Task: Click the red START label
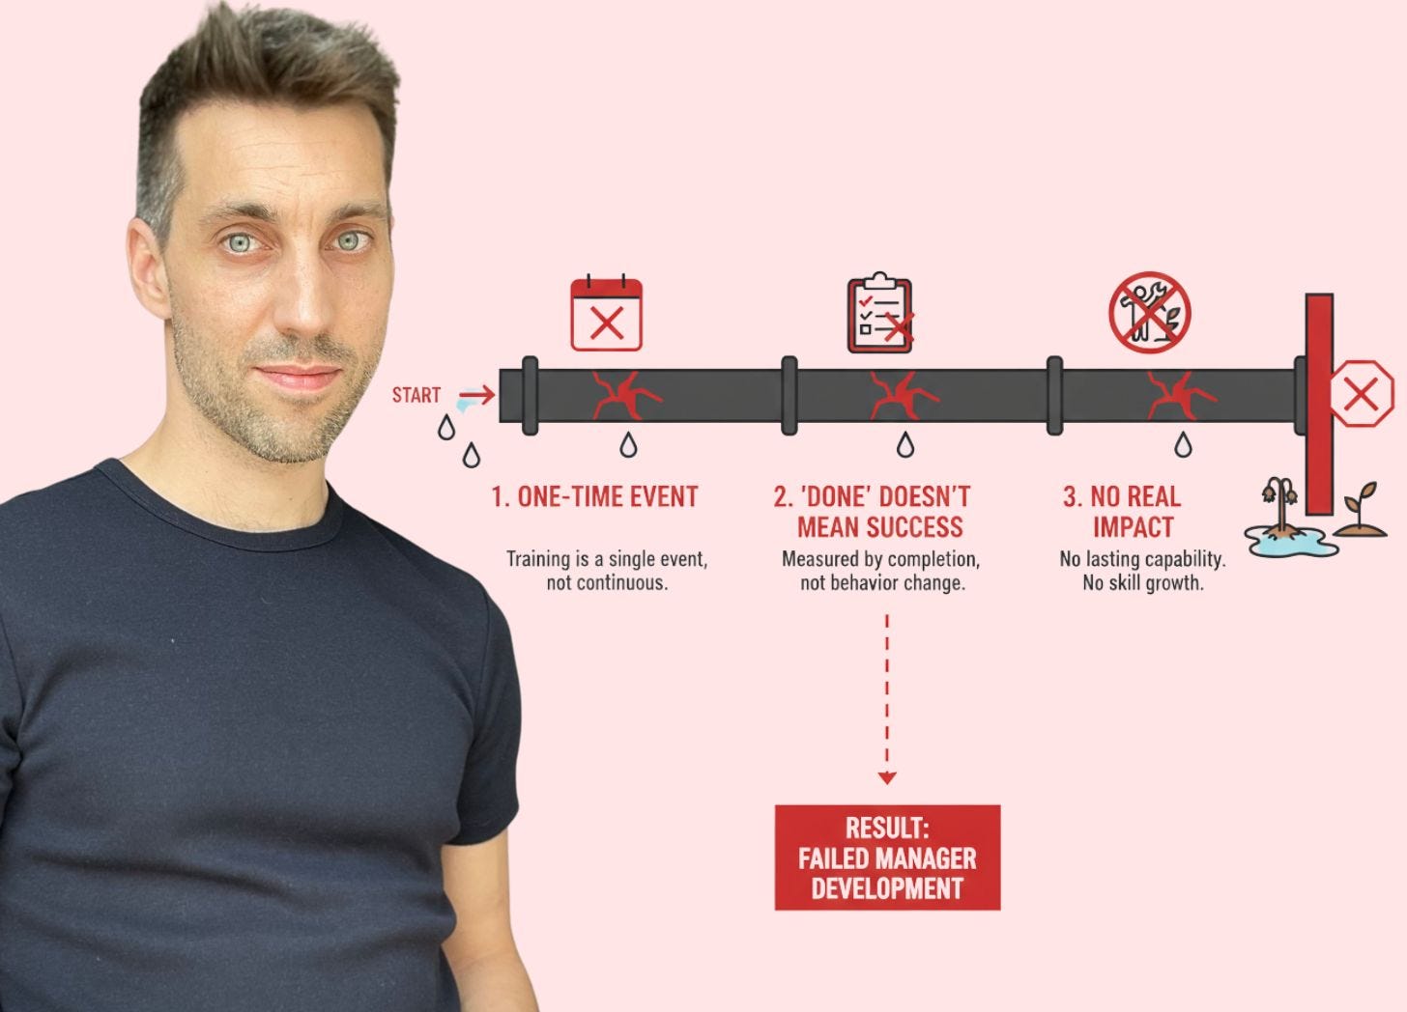(x=416, y=395)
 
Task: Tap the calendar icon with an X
(x=607, y=315)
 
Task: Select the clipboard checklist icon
(x=880, y=315)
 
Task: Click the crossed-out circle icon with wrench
(x=1149, y=312)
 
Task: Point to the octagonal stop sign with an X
(x=1361, y=394)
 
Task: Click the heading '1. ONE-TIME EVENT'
(x=594, y=497)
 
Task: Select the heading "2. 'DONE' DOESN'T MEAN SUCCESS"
(x=873, y=512)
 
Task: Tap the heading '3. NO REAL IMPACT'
(x=1124, y=512)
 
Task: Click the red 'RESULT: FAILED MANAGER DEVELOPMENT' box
(x=887, y=857)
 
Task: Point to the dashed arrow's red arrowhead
(x=887, y=777)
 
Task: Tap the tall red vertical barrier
(x=1319, y=406)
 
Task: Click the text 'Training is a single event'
(x=607, y=559)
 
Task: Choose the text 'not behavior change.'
(x=882, y=583)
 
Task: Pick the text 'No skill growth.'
(x=1143, y=583)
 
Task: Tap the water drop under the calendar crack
(x=629, y=445)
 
